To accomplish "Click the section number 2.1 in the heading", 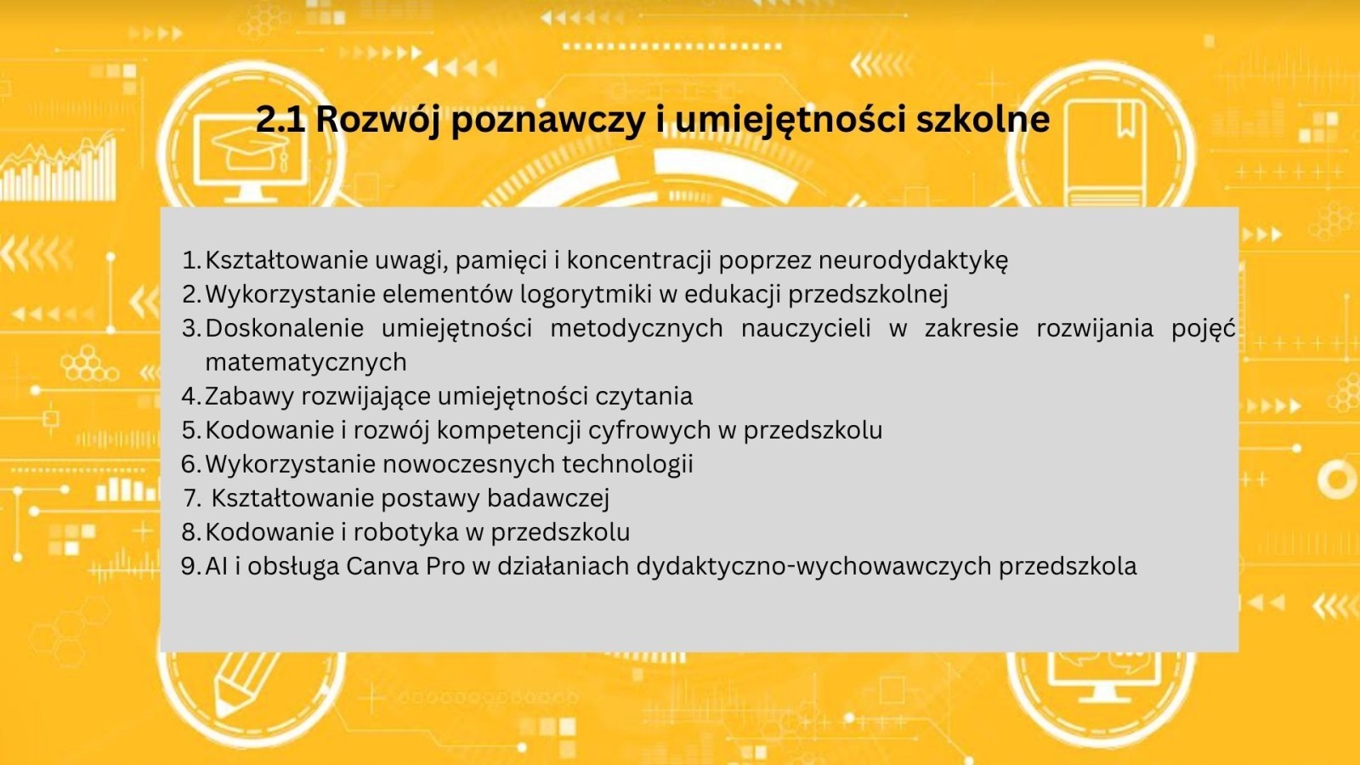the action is (280, 119).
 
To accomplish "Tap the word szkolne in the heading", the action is (983, 119).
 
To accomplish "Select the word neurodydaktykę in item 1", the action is (913, 261).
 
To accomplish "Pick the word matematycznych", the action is (306, 363).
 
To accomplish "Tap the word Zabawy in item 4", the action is (249, 396).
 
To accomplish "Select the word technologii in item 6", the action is (627, 464).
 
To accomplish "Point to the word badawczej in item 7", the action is (547, 498).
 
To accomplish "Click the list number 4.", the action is (190, 396).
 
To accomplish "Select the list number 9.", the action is (190, 566).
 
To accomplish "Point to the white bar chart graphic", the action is (59, 171).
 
